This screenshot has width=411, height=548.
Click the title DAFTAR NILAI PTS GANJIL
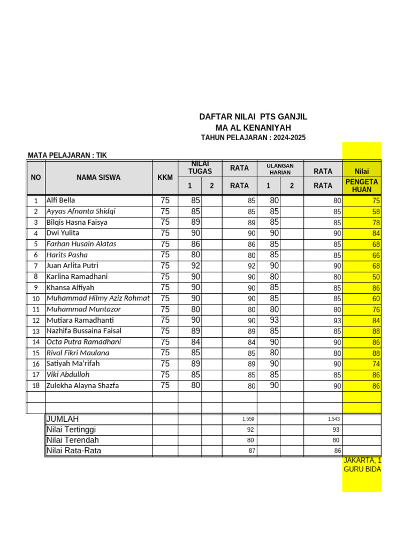coord(253,117)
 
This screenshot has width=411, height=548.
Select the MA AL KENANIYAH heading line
coord(253,127)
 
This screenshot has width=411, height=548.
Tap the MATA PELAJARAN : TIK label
coord(67,155)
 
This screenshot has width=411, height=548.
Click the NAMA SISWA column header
coord(98,177)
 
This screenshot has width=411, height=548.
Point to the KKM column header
coord(165,177)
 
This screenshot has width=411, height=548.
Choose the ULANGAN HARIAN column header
coord(280,169)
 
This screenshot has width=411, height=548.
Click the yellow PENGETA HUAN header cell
coord(362,186)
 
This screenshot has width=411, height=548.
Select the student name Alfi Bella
coord(61,200)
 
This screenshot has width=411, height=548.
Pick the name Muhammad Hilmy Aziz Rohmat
coord(98,298)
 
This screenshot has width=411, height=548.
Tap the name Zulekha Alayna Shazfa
coord(82,385)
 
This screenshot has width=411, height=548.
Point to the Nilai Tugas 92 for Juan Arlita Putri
coord(195,265)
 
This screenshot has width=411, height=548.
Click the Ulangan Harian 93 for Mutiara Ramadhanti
coord(274,320)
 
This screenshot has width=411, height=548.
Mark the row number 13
coord(36,331)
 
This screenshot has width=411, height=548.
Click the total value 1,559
coord(249,419)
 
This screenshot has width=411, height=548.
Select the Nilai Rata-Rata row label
coord(74,451)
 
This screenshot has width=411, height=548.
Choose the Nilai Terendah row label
coord(73,440)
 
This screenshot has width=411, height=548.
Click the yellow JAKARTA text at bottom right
coord(362,460)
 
